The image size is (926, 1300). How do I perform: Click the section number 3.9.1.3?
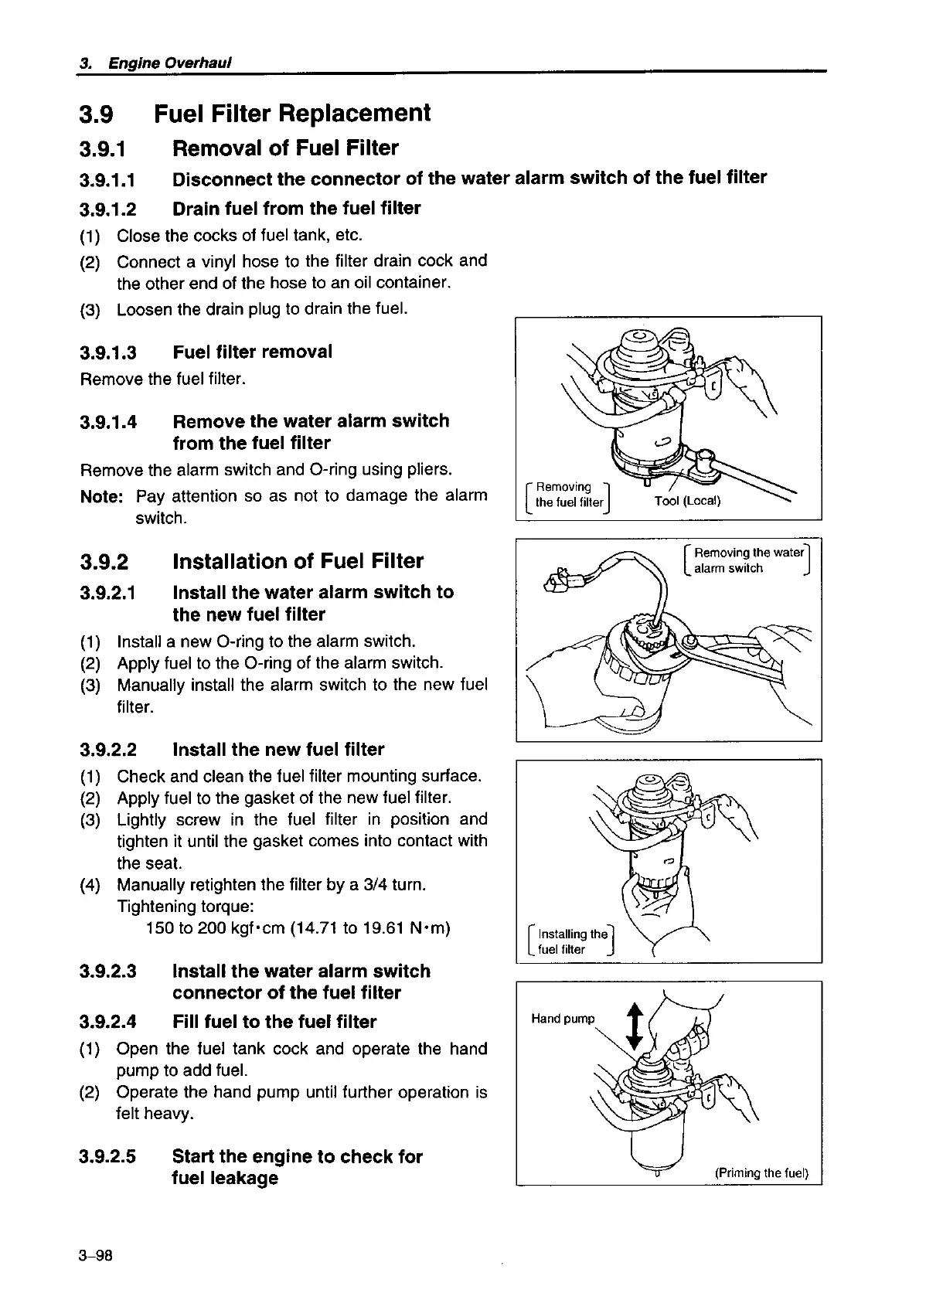tap(108, 352)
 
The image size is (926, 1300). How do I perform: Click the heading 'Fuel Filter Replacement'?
tap(292, 114)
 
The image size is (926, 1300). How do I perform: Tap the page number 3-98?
tap(96, 1256)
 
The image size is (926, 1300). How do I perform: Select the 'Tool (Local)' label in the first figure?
tap(687, 502)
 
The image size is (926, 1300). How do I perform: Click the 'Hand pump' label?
tap(563, 1019)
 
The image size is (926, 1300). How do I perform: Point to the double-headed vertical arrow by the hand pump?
tap(634, 1026)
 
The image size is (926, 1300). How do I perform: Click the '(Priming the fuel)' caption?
tap(761, 1172)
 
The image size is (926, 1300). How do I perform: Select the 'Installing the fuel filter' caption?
tap(572, 941)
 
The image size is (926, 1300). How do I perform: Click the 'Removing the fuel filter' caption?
tap(568, 494)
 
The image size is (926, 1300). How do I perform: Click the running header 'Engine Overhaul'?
tap(170, 63)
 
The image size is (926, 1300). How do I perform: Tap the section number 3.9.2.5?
tap(108, 1157)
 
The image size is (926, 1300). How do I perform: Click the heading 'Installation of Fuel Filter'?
tap(298, 561)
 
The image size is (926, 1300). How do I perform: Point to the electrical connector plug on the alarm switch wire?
tap(560, 580)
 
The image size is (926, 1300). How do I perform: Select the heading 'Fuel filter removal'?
tap(253, 352)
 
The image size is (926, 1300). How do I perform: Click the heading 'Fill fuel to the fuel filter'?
tap(274, 1022)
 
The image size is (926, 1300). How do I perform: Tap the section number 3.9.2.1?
tap(108, 593)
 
